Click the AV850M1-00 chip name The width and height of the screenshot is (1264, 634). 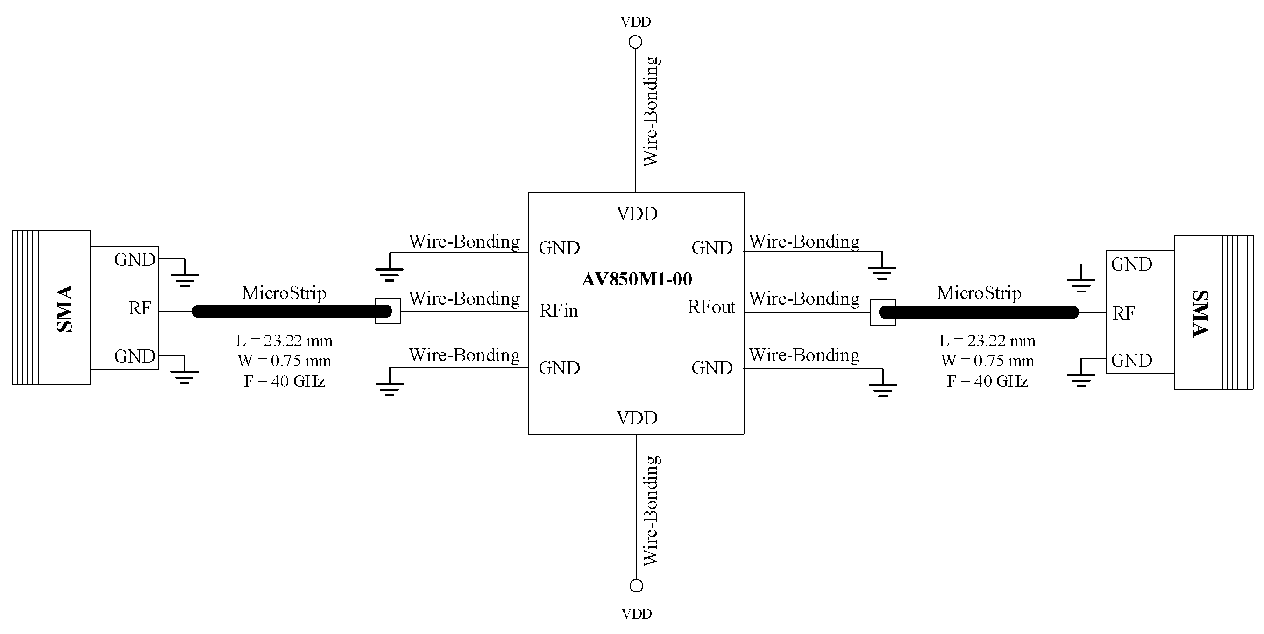636,279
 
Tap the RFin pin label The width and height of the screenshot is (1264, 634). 558,311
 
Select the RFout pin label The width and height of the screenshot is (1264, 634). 711,307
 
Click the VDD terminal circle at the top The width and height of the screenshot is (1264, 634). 635,42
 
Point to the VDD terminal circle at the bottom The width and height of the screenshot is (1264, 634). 636,586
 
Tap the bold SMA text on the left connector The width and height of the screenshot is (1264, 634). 65,308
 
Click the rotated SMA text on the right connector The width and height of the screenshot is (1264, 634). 1200,313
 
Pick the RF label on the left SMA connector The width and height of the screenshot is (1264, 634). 140,309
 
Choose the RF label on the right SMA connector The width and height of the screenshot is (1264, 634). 1123,313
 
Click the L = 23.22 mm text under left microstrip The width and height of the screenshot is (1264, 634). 284,341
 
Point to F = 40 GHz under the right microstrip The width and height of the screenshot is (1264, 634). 987,381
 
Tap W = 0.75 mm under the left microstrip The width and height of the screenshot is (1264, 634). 284,361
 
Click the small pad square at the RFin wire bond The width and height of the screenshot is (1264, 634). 388,311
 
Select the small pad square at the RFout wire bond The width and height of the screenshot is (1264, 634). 883,312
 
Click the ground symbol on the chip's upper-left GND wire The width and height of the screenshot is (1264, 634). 390,272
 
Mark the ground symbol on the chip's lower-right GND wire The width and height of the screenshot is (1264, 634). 883,388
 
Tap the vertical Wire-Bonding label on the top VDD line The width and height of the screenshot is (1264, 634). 651,111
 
